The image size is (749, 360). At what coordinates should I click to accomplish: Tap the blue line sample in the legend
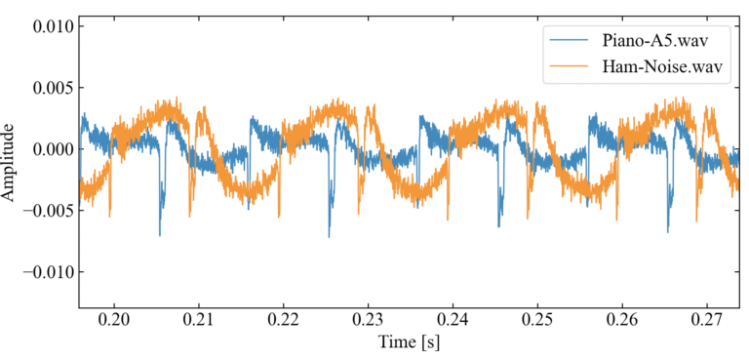pos(570,41)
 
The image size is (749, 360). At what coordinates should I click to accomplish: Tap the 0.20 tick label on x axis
pos(114,320)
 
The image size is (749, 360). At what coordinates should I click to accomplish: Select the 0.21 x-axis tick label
pos(199,320)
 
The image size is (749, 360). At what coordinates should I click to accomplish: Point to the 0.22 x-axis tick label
pos(283,320)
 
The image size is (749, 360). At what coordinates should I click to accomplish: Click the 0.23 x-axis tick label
pos(368,320)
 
